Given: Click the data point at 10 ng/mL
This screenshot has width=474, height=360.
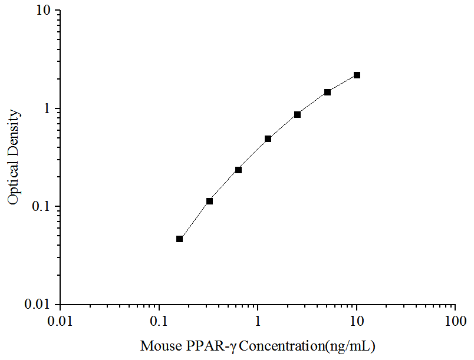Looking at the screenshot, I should tap(357, 75).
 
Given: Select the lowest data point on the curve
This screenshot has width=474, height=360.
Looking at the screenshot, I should tap(179, 239).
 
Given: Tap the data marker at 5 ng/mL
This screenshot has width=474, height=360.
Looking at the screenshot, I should tap(327, 92).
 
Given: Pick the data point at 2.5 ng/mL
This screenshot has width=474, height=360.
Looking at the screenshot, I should tap(297, 114).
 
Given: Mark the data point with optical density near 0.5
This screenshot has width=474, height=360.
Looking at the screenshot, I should tap(268, 139).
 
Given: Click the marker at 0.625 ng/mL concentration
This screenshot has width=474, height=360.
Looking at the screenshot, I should tap(238, 170).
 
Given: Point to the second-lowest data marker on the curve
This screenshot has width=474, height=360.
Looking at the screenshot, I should tap(209, 202).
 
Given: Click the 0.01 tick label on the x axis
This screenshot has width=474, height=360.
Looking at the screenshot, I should tap(60, 322).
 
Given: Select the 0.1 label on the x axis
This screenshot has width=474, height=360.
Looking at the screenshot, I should tap(159, 322).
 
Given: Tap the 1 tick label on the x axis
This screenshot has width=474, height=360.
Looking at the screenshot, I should tap(258, 322).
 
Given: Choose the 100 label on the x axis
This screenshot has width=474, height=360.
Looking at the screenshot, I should tap(455, 322).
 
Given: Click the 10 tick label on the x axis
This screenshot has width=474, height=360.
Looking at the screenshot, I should tap(356, 322).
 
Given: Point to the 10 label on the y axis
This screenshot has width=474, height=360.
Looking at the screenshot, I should tap(44, 11).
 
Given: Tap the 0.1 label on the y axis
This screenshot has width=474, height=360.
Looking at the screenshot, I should tap(42, 207).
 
